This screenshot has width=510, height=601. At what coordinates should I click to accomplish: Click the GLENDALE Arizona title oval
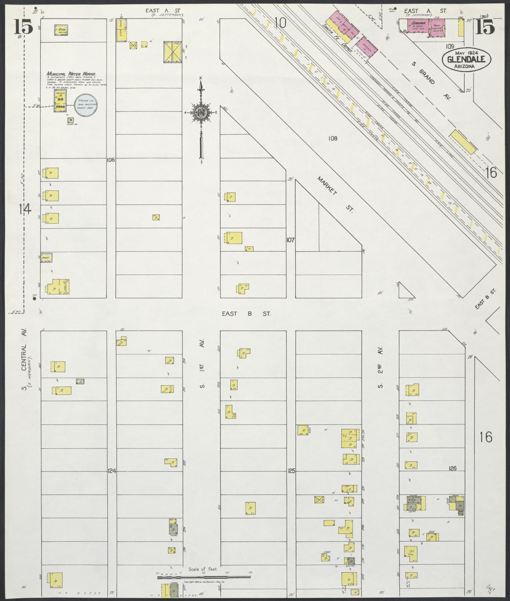(x=466, y=59)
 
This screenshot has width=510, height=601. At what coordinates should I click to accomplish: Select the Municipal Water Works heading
(x=71, y=74)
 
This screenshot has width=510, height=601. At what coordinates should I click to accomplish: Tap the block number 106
(x=111, y=160)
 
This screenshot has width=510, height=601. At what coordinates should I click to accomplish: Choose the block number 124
(x=112, y=480)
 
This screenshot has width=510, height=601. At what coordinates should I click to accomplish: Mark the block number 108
(x=333, y=139)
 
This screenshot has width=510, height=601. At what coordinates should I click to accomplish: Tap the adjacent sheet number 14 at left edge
(x=24, y=209)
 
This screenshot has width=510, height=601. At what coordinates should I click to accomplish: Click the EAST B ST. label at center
(x=246, y=313)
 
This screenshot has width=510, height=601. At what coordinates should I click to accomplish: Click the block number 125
(x=291, y=480)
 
